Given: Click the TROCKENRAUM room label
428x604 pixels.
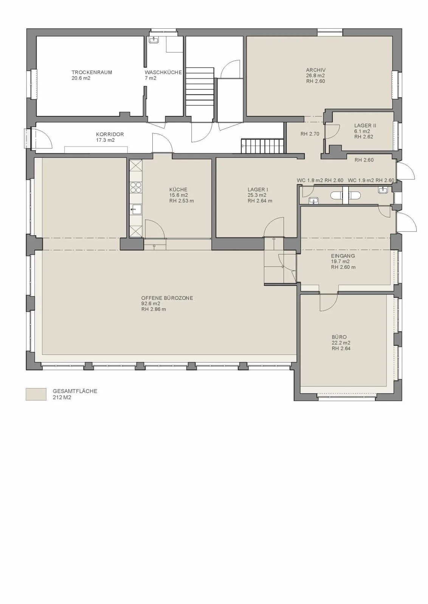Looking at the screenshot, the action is pos(92,72).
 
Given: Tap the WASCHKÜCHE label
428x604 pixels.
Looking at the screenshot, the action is pos(163,72).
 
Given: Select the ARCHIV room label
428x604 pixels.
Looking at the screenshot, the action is pos(316,70).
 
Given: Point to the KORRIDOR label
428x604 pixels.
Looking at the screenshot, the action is pos(110,134).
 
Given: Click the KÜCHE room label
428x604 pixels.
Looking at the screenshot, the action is pos(178,190).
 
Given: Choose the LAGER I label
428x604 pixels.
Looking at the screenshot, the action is pos(258,190).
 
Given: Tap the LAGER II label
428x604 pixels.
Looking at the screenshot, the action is pos(365,125).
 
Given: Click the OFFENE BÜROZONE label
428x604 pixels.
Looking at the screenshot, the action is pos(167,298).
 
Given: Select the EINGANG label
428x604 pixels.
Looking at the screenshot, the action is pos(343,256).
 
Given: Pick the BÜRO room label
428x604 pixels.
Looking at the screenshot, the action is pos(339,337).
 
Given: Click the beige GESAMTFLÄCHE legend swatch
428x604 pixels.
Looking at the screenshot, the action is pos(36,394).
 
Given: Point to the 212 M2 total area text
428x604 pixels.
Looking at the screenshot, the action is pos(62,398).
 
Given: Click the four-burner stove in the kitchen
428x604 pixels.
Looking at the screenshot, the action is pos(136,187).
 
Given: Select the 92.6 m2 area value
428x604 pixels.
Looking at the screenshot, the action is pos(151,304).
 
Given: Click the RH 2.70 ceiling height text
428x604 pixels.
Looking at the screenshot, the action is pos(310,134).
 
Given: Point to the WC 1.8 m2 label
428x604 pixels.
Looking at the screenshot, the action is pos(310,180).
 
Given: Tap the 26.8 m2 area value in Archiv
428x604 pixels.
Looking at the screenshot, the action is pos(315,75).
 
